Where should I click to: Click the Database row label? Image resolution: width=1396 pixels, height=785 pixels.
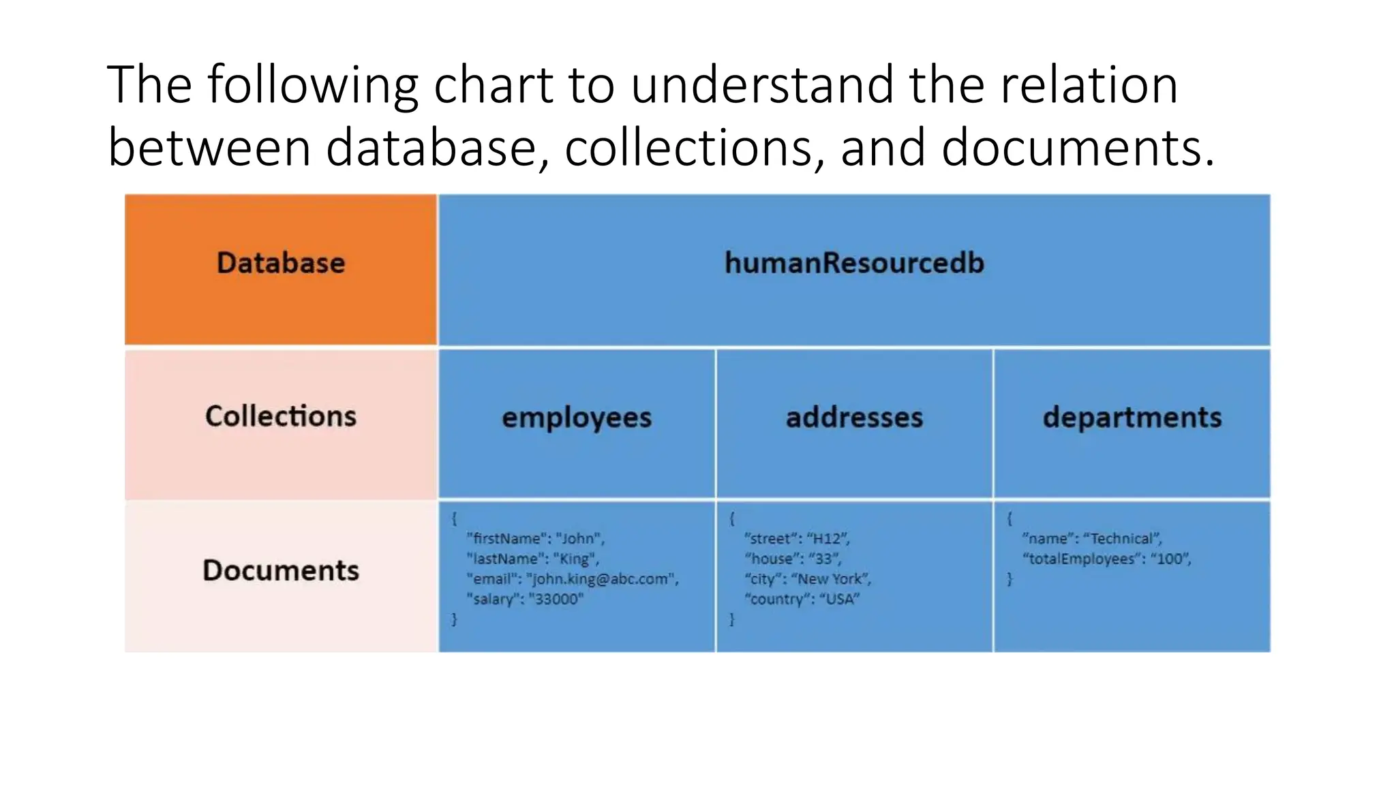pyautogui.click(x=281, y=263)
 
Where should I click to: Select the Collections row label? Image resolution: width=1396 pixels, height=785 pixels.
pyautogui.click(x=281, y=416)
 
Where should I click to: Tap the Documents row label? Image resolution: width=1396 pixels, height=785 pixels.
pyautogui.click(x=281, y=570)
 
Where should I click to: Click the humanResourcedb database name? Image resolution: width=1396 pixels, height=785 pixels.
pyautogui.click(x=854, y=263)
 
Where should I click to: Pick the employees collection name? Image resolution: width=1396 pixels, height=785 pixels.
pyautogui.click(x=577, y=418)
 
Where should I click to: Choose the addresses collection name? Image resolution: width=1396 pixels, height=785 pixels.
pyautogui.click(x=854, y=418)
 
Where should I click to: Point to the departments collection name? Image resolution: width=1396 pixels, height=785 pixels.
pyautogui.click(x=1132, y=418)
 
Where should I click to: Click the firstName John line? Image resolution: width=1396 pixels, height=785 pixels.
pyautogui.click(x=535, y=538)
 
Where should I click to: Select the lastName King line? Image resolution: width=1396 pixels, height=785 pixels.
pyautogui.click(x=532, y=559)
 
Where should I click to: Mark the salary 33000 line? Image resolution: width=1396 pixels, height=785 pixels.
pyautogui.click(x=525, y=600)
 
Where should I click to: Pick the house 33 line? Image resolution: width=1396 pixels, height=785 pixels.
pyautogui.click(x=793, y=559)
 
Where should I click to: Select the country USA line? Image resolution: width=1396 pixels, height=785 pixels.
pyautogui.click(x=802, y=600)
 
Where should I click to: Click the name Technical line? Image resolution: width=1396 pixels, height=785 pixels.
pyautogui.click(x=1091, y=538)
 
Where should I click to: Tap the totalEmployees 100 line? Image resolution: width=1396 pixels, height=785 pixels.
pyautogui.click(x=1106, y=559)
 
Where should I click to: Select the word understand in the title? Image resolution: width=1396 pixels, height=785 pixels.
pyautogui.click(x=762, y=85)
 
